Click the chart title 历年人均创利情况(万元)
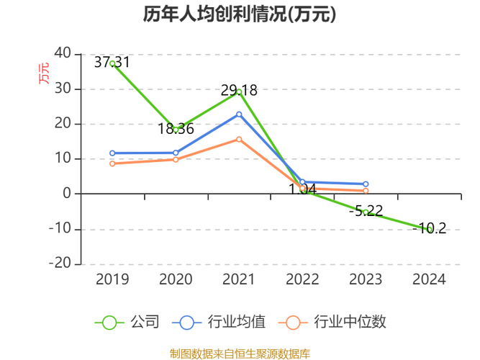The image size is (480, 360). [240, 14]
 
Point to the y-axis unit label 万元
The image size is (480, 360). [45, 73]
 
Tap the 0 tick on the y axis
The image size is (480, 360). [67, 194]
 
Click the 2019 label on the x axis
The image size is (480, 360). [113, 279]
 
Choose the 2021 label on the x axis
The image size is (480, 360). [239, 279]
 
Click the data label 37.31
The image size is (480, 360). [112, 63]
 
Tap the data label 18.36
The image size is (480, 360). [176, 129]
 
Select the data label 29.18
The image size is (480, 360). [239, 91]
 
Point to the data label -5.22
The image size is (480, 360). [366, 212]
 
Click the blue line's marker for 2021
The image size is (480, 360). [239, 114]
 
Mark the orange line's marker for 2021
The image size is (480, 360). [239, 140]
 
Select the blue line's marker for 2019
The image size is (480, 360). [113, 153]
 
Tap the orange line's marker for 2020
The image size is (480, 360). [176, 159]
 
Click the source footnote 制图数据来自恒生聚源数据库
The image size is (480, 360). [240, 353]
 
